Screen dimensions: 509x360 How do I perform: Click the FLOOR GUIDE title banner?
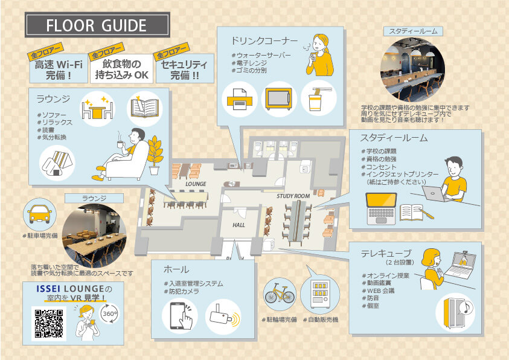(97, 25)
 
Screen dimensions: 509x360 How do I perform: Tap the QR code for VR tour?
(49, 324)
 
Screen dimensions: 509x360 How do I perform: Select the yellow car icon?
(40, 214)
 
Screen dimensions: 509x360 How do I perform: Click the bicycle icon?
(280, 294)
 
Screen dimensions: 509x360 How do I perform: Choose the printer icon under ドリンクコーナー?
(240, 99)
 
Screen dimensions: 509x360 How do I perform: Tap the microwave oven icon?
(278, 98)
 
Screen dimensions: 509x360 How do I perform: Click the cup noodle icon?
(318, 99)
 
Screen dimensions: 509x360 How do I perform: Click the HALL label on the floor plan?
(238, 225)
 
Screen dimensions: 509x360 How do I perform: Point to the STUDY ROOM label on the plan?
(293, 196)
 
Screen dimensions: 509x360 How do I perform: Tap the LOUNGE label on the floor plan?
(196, 184)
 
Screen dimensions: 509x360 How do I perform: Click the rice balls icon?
(57, 163)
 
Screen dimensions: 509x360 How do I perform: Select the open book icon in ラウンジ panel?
(145, 108)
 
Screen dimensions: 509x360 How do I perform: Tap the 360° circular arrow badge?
(110, 313)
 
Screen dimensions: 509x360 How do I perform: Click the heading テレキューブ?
(386, 253)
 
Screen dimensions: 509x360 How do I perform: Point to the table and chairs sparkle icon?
(97, 108)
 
